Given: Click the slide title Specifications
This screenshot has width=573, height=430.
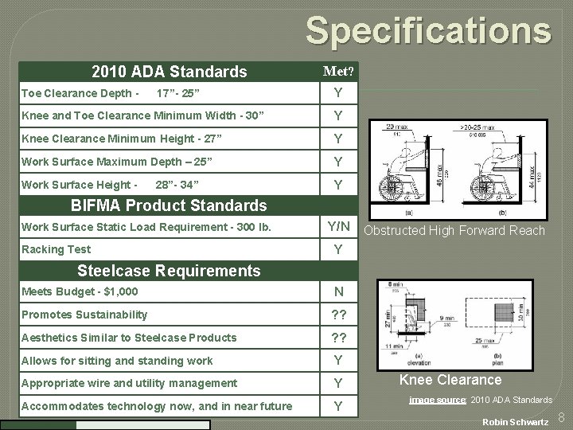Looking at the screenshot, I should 428,31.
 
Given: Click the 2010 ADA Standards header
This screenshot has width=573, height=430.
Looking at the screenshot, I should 170,72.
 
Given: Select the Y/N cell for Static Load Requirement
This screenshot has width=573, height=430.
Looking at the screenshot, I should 338,228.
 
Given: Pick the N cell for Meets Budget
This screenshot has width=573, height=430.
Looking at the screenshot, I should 338,292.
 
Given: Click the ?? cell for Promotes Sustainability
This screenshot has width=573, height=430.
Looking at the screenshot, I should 338,315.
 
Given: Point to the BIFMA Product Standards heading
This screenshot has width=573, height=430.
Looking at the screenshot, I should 170,206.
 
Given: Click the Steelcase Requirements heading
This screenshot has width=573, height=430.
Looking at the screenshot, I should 170,271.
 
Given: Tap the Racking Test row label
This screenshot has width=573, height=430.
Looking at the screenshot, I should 56,250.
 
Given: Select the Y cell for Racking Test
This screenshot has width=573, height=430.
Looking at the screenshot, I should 338,250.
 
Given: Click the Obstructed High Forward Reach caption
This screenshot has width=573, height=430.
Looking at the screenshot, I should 454,231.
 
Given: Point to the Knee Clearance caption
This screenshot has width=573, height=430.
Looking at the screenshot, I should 450,380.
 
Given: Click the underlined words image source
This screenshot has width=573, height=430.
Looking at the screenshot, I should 438,400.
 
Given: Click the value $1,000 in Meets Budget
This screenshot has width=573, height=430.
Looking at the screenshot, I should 121,292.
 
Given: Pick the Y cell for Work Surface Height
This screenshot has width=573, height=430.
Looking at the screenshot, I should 338,186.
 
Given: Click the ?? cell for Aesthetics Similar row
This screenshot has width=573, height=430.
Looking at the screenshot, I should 338,338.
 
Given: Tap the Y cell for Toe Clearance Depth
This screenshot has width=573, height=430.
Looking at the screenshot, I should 338,94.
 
